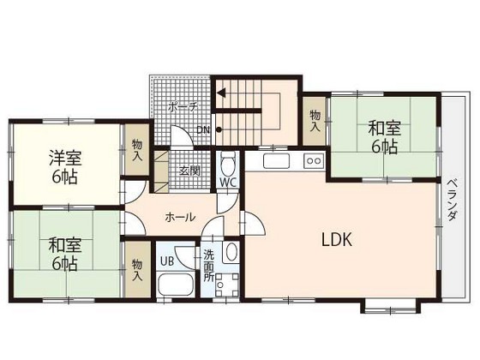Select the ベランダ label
point(451,201)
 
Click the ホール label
point(179,217)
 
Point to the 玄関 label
point(189,170)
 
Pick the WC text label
point(227,183)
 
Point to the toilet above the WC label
point(227,163)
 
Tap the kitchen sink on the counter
point(276,160)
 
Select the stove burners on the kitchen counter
point(313,159)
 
